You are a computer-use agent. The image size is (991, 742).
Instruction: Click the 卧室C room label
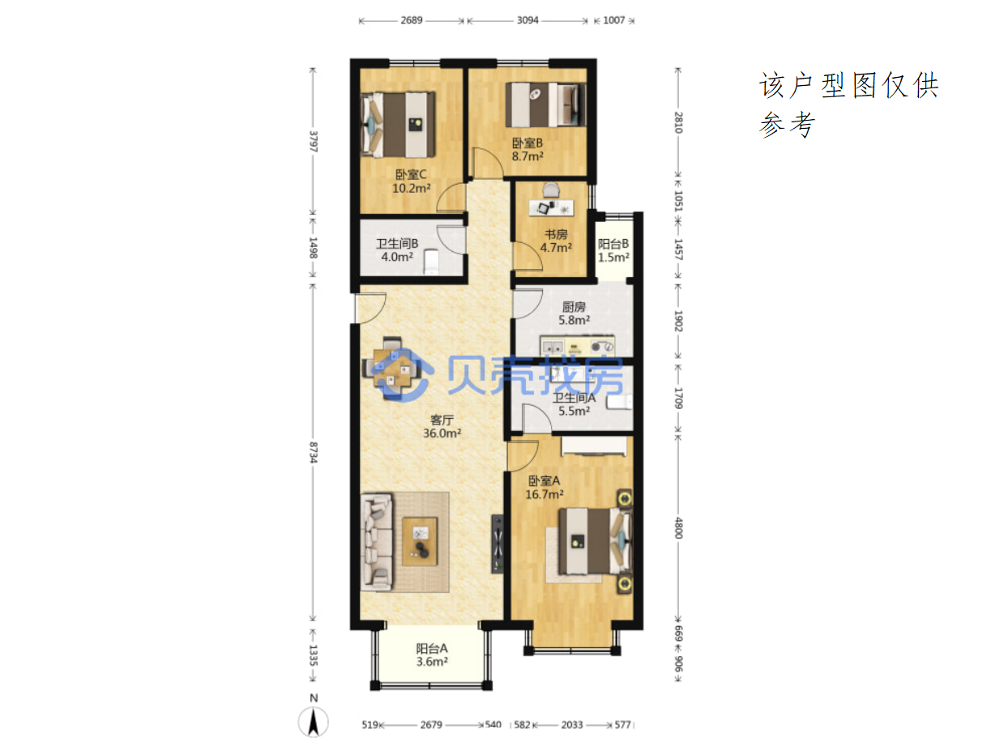[410, 174]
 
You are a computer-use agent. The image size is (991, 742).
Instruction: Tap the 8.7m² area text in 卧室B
[527, 156]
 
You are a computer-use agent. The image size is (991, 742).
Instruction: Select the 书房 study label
[555, 234]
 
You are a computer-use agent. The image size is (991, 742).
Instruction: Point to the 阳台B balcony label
[613, 244]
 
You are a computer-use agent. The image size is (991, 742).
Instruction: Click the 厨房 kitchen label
[574, 307]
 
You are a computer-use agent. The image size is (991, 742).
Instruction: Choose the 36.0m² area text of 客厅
[441, 433]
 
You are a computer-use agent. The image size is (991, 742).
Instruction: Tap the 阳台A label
[431, 649]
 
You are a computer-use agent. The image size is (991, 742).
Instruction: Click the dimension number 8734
[314, 452]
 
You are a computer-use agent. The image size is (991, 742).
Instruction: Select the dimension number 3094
[527, 20]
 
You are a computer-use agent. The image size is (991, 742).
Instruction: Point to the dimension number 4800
[677, 527]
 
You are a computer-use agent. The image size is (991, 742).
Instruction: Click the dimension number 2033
[571, 725]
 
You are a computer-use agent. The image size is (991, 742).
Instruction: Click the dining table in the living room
[392, 369]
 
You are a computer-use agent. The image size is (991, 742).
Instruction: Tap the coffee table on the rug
[420, 540]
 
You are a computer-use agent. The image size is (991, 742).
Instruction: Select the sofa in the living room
[376, 542]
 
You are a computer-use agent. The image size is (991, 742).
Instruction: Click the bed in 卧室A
[595, 540]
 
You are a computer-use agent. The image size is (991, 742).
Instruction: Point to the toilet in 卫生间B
[431, 262]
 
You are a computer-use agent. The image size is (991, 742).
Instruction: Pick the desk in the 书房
[550, 207]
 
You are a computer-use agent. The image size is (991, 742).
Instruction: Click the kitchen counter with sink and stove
[577, 346]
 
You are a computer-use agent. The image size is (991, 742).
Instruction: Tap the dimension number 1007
[613, 20]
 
